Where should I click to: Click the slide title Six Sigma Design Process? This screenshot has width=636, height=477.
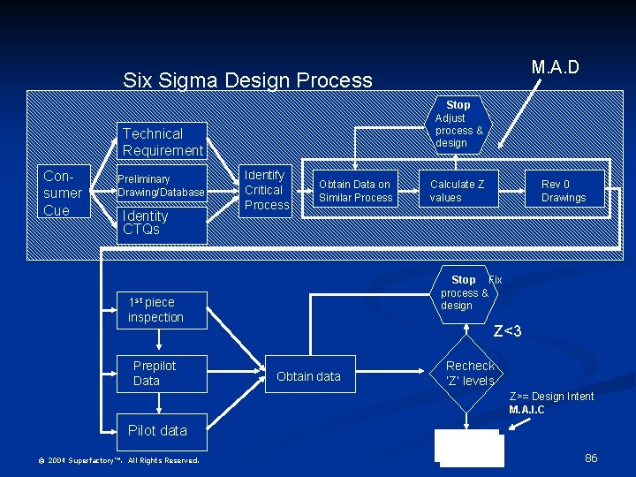tap(247, 80)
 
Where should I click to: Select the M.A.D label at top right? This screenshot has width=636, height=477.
tap(555, 67)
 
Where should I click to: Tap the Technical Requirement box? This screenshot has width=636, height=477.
tap(163, 142)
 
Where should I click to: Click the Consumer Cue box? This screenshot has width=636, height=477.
tap(64, 192)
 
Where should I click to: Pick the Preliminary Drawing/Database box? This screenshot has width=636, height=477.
tap(162, 185)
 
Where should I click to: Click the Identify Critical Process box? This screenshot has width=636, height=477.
tap(267, 190)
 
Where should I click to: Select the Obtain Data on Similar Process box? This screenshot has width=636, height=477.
tap(355, 191)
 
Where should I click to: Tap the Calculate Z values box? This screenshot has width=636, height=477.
tap(457, 191)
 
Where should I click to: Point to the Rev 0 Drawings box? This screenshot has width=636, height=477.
tap(564, 191)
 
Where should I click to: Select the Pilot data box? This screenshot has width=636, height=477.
tap(158, 430)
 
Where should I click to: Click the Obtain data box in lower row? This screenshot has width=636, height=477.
tap(308, 376)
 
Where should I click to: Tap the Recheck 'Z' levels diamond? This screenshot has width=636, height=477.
tap(470, 374)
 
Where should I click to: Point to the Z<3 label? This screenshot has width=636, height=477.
tap(507, 332)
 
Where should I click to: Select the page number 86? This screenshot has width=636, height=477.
tap(591, 458)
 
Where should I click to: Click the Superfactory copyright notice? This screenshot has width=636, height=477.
tap(118, 460)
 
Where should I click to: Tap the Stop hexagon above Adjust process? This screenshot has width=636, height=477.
tap(458, 105)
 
